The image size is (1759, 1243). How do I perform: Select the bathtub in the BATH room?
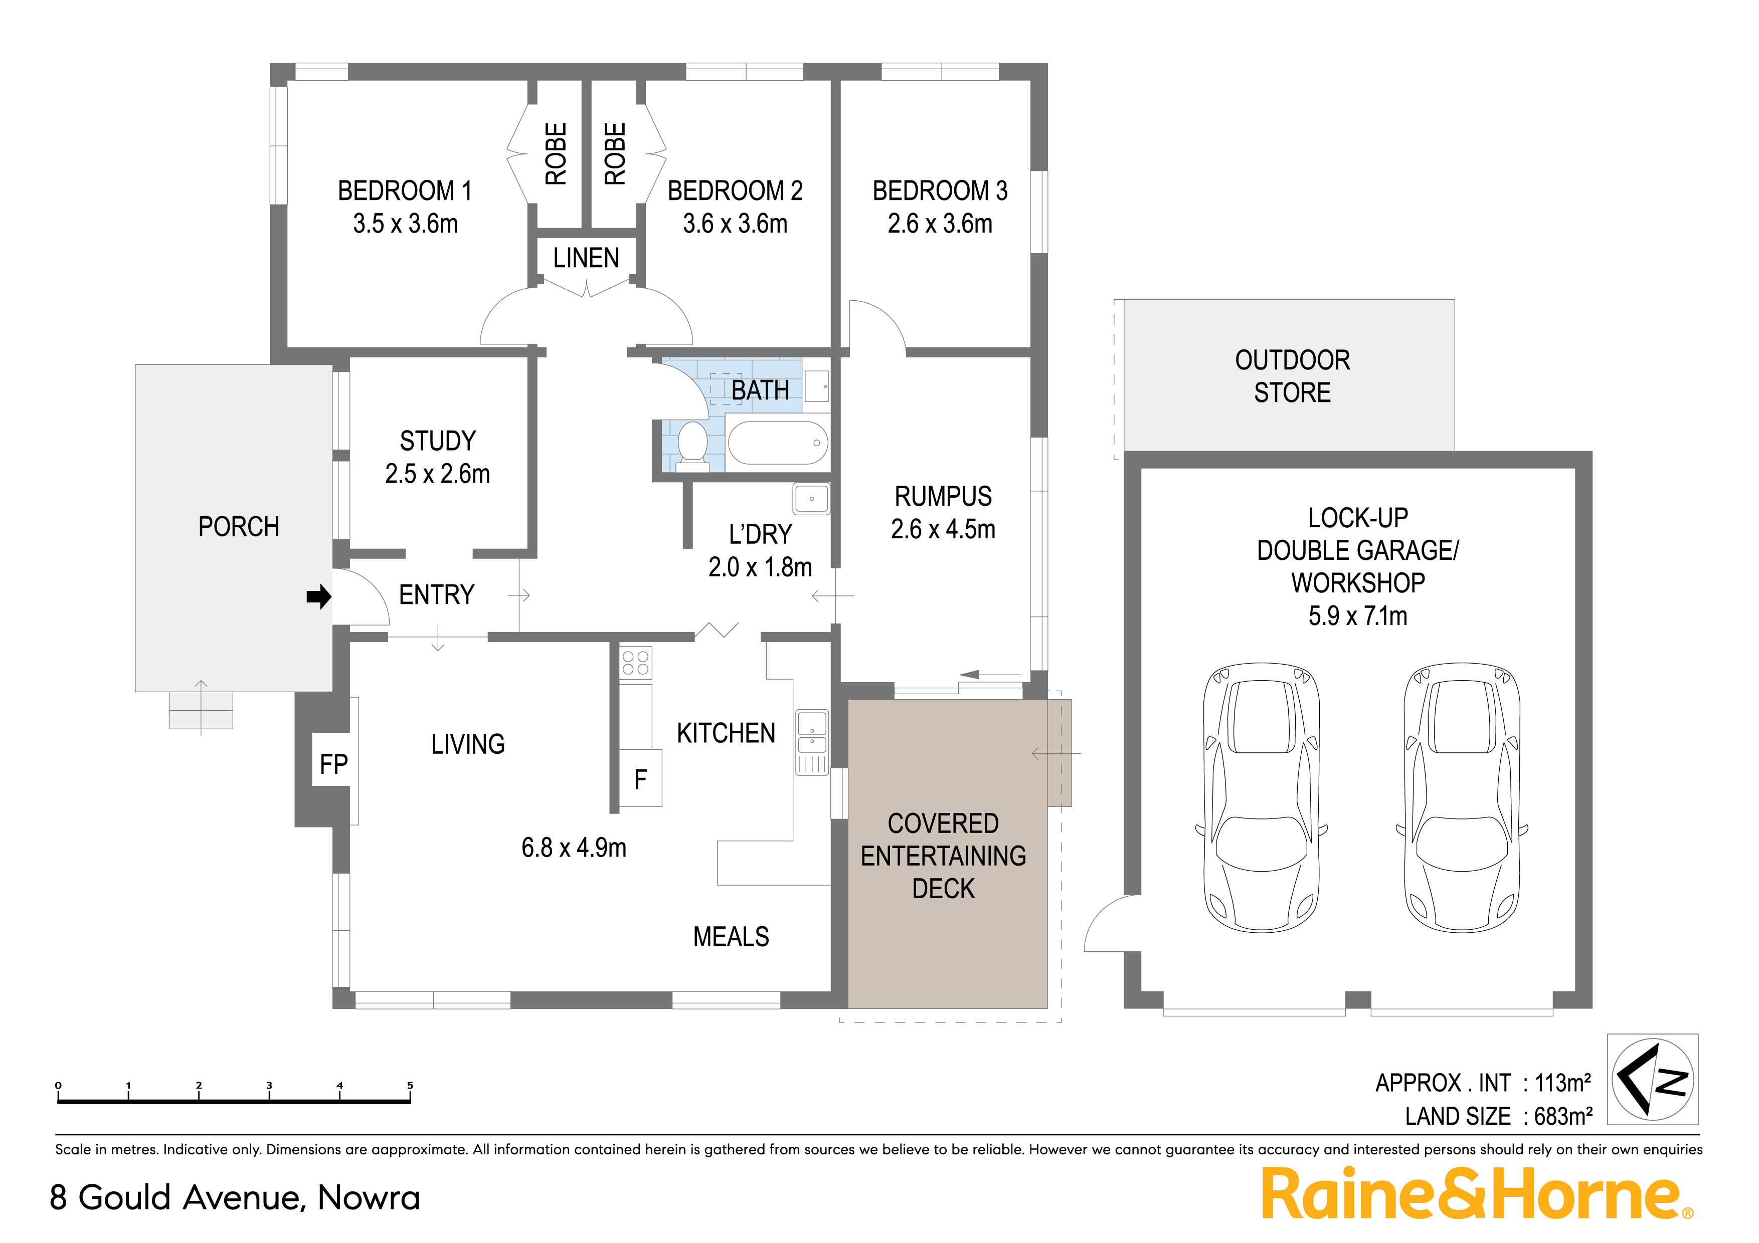pyautogui.click(x=778, y=443)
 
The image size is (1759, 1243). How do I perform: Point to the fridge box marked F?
pyautogui.click(x=640, y=779)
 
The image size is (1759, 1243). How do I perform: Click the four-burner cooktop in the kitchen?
pyautogui.click(x=635, y=663)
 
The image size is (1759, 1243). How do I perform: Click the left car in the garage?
pyautogui.click(x=1261, y=796)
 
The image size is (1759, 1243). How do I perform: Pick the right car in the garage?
pyautogui.click(x=1461, y=796)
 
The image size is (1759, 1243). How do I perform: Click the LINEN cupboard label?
pyautogui.click(x=586, y=258)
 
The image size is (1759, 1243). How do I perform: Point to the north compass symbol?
pyautogui.click(x=1653, y=1079)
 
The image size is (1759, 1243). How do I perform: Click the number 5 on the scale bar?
pyautogui.click(x=410, y=1085)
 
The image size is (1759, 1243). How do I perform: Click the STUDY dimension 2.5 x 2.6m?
pyautogui.click(x=437, y=474)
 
